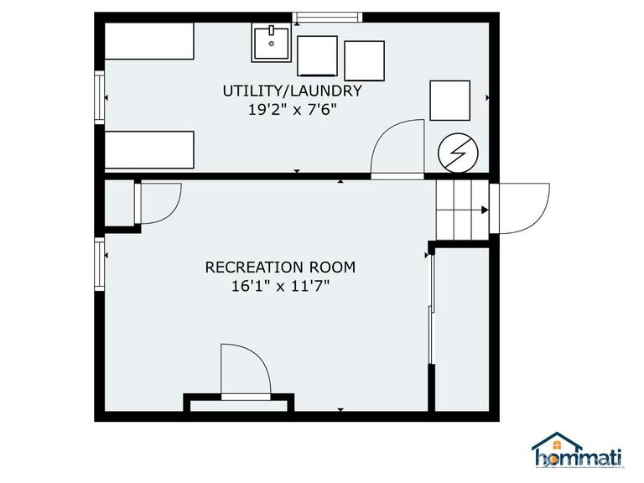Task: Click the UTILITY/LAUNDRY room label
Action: (x=292, y=91)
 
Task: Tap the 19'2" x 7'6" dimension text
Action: (x=292, y=109)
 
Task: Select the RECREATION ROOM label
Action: (x=280, y=267)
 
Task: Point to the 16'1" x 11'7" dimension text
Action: (x=280, y=287)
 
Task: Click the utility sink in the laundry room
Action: (x=272, y=43)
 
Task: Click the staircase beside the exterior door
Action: (x=461, y=212)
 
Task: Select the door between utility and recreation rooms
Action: (x=397, y=148)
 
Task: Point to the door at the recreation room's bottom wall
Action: (x=245, y=371)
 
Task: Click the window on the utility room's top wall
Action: (x=327, y=17)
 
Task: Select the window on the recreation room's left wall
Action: (x=100, y=263)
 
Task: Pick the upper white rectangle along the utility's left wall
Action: (x=149, y=41)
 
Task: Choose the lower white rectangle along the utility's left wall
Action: (x=149, y=151)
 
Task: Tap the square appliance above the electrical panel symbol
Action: (x=451, y=101)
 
